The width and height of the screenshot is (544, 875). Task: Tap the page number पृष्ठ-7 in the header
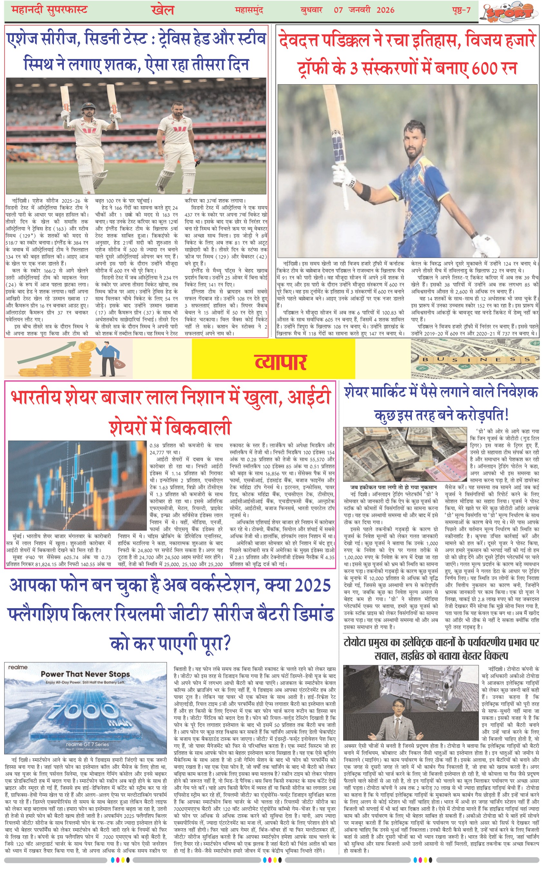(x=461, y=10)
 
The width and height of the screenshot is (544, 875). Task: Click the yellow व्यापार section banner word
(x=280, y=362)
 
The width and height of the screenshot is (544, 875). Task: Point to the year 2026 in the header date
(x=385, y=10)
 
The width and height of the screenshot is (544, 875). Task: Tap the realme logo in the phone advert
(x=18, y=667)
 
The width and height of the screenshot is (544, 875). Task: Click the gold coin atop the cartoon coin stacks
(x=87, y=347)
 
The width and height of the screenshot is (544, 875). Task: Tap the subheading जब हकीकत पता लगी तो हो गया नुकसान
(x=393, y=487)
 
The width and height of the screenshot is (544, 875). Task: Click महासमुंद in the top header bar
(x=249, y=10)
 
